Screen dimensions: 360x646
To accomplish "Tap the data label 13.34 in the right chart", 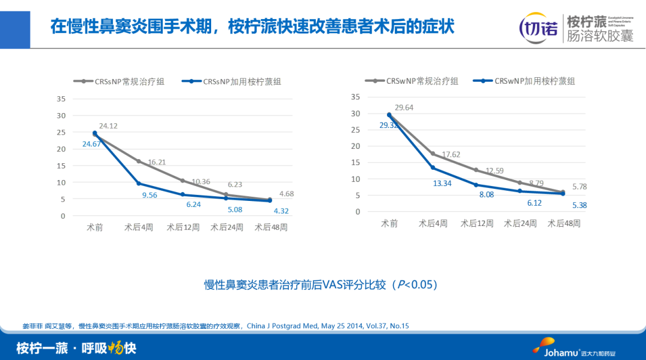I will point(443,183).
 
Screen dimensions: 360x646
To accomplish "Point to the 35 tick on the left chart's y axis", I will point(60,99).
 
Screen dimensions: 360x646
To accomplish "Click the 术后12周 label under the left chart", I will point(182,228).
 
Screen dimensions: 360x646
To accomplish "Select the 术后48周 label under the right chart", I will point(565,224).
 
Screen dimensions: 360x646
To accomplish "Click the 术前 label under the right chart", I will point(389,224).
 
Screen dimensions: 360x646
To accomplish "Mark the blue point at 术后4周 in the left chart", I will point(139,184).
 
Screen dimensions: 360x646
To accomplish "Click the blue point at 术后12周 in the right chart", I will point(476,185).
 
